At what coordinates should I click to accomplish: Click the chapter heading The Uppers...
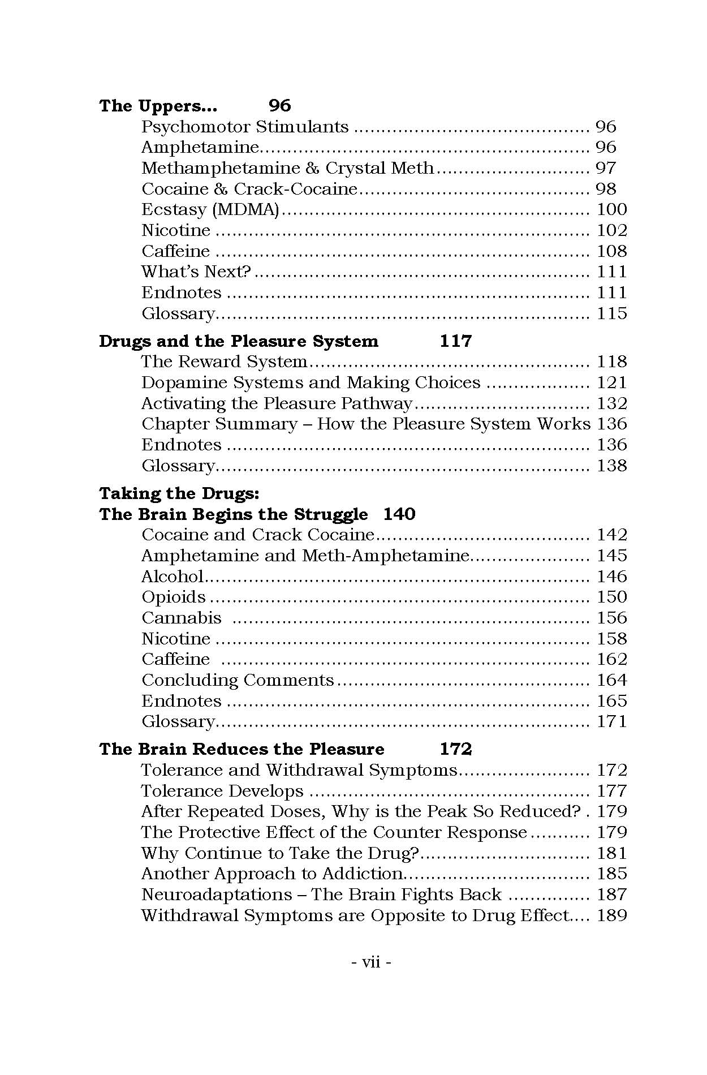[x=158, y=106]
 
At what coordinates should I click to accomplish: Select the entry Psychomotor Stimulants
[x=245, y=127]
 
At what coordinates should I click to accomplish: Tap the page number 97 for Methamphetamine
[x=606, y=168]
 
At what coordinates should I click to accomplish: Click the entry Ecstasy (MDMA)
[x=210, y=210]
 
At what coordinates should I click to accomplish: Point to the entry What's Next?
[x=196, y=272]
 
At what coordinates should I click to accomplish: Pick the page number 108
[x=612, y=251]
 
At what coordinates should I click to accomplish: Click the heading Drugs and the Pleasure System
[x=238, y=341]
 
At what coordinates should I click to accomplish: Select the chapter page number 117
[x=455, y=341]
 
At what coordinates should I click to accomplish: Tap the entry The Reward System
[x=224, y=362]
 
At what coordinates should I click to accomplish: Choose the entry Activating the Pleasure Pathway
[x=277, y=403]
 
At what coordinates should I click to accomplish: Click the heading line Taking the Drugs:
[x=179, y=493]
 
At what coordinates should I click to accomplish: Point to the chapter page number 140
[x=399, y=514]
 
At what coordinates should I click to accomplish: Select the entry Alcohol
[x=172, y=577]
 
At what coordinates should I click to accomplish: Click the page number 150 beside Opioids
[x=612, y=597]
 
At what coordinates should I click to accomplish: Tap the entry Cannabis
[x=181, y=618]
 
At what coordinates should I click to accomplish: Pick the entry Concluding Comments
[x=238, y=680]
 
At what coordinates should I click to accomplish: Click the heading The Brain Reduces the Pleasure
[x=242, y=749]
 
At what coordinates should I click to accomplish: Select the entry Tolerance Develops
[x=222, y=791]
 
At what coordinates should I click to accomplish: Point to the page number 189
[x=612, y=915]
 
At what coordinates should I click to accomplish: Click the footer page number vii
[x=371, y=962]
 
